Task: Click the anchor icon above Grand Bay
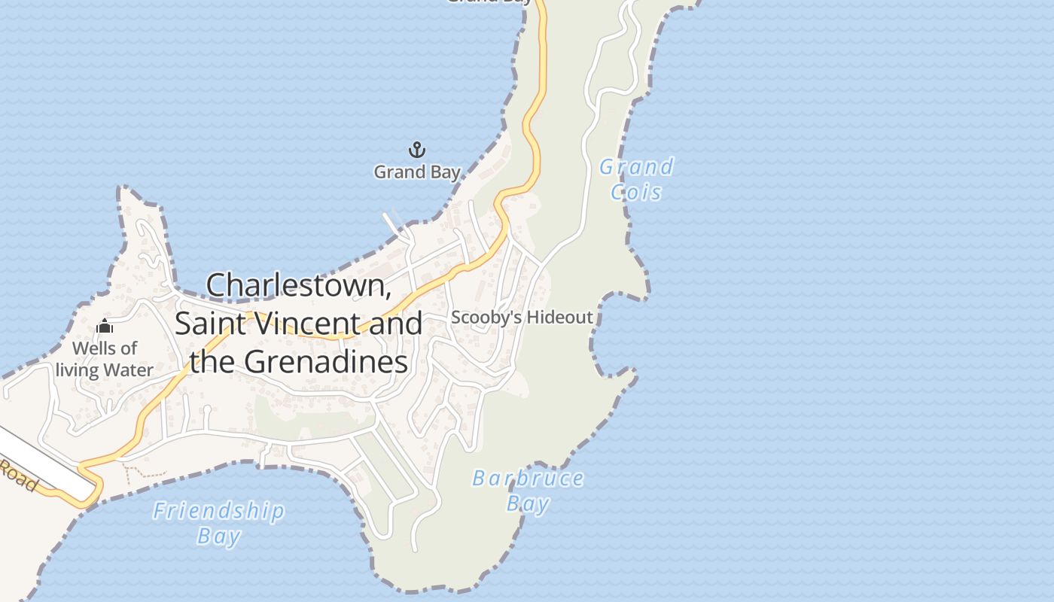[x=416, y=150]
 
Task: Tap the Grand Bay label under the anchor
[x=416, y=172]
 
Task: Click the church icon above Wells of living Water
[x=105, y=327]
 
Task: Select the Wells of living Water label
[x=105, y=359]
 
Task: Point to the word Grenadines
[x=326, y=362]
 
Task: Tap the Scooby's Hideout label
[x=522, y=318]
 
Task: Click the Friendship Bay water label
[x=218, y=523]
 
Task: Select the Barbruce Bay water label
[x=528, y=491]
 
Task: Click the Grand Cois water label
[x=636, y=179]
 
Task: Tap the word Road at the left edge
[x=18, y=476]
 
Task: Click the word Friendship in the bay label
[x=218, y=512]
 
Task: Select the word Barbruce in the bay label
[x=528, y=479]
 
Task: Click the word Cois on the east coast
[x=636, y=193]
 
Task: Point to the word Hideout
[x=559, y=318]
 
